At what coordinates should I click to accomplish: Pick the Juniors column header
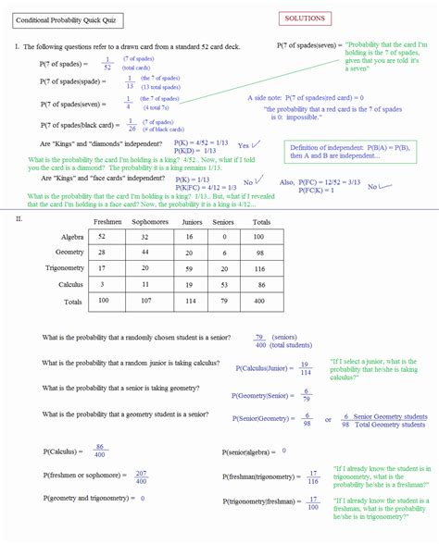click(x=192, y=222)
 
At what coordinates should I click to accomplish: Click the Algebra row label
click(x=70, y=238)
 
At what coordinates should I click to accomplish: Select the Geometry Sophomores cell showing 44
click(x=146, y=253)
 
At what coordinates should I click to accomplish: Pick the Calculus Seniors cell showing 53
click(x=223, y=284)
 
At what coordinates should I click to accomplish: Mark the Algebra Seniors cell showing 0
click(x=223, y=238)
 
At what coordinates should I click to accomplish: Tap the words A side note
click(x=265, y=97)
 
